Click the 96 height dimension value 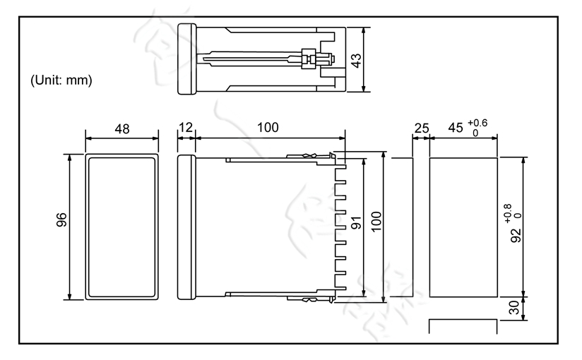(x=61, y=226)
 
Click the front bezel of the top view (x=186, y=59)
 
